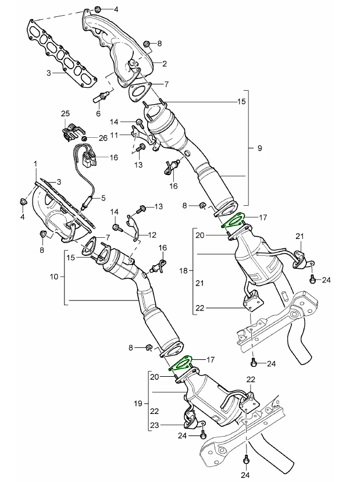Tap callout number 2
pos(165,63)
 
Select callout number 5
pos(104,198)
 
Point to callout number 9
pos(259,148)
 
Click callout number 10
pos(54,277)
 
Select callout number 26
pos(104,138)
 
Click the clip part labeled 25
pos(70,131)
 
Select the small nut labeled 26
pos(85,139)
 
